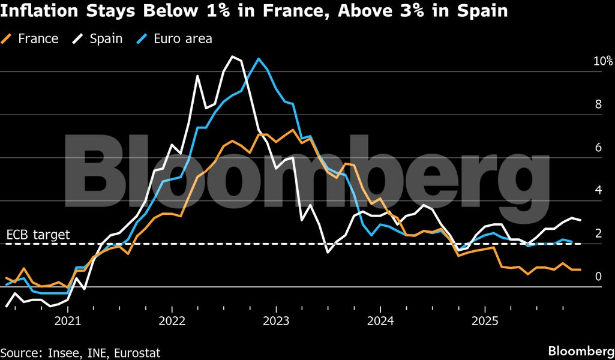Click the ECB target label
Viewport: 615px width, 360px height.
pos(38,235)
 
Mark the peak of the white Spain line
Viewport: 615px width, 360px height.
pos(233,56)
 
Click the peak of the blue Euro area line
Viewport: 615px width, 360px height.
pos(259,58)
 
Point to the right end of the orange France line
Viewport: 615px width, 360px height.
pos(580,269)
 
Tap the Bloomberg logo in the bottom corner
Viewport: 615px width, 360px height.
pos(580,350)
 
